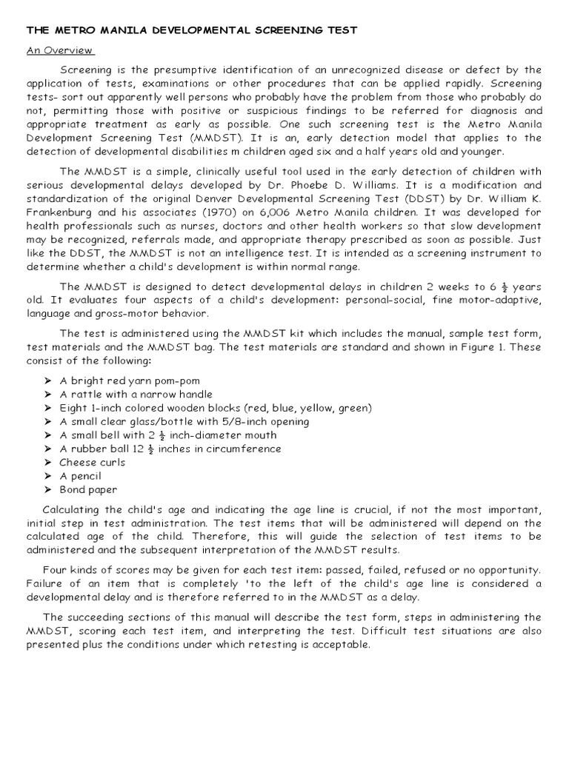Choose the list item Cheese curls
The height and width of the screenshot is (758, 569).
pos(93,462)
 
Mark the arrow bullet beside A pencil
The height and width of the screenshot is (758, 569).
pos(48,476)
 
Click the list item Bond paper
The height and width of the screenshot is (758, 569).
pos(88,489)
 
